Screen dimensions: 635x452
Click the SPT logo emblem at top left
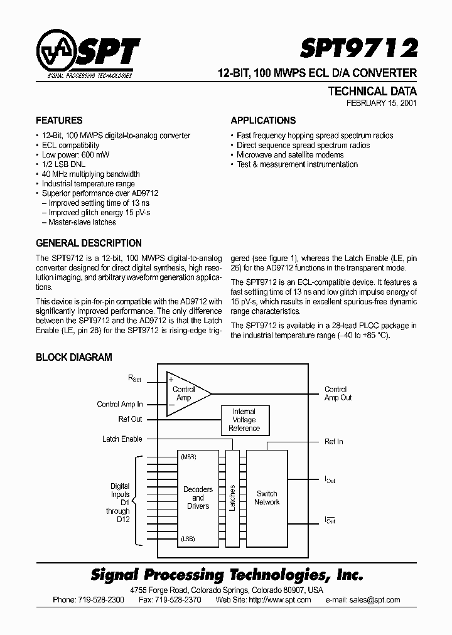(x=58, y=55)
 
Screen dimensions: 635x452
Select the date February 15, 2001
(x=381, y=104)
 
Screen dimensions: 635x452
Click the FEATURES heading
(x=59, y=120)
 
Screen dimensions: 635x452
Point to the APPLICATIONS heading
(x=263, y=120)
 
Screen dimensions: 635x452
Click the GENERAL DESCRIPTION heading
(x=89, y=243)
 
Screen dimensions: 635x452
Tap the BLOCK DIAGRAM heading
(x=74, y=358)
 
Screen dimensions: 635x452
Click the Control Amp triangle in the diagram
(x=185, y=393)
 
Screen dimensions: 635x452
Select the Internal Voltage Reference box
(x=244, y=420)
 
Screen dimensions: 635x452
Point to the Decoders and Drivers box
(x=198, y=498)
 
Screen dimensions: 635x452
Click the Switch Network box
(x=267, y=498)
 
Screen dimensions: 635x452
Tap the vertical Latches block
(x=232, y=498)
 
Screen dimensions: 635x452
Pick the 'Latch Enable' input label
(x=122, y=439)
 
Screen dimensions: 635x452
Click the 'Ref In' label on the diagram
(x=333, y=442)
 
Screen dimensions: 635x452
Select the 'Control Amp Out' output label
(x=338, y=393)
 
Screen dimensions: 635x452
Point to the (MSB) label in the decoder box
(x=188, y=457)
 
